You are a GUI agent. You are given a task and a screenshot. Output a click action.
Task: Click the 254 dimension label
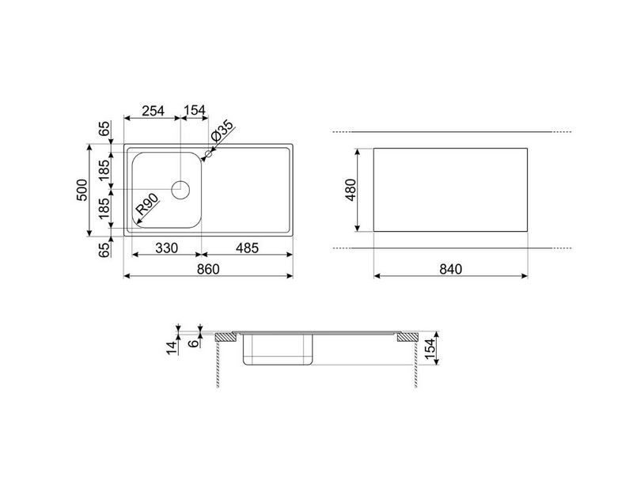153,110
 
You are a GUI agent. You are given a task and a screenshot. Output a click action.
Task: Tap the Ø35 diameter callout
222,131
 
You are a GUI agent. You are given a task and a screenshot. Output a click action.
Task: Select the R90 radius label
146,204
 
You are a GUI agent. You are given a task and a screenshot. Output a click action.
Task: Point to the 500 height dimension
81,190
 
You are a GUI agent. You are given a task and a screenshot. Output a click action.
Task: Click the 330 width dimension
166,248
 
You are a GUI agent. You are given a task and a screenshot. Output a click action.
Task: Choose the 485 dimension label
247,248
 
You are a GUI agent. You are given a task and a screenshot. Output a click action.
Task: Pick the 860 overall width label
208,269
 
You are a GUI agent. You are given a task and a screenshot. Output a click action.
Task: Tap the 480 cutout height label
351,190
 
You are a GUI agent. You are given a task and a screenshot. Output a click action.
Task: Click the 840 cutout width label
450,269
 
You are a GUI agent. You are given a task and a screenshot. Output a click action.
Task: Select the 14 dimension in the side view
172,347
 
